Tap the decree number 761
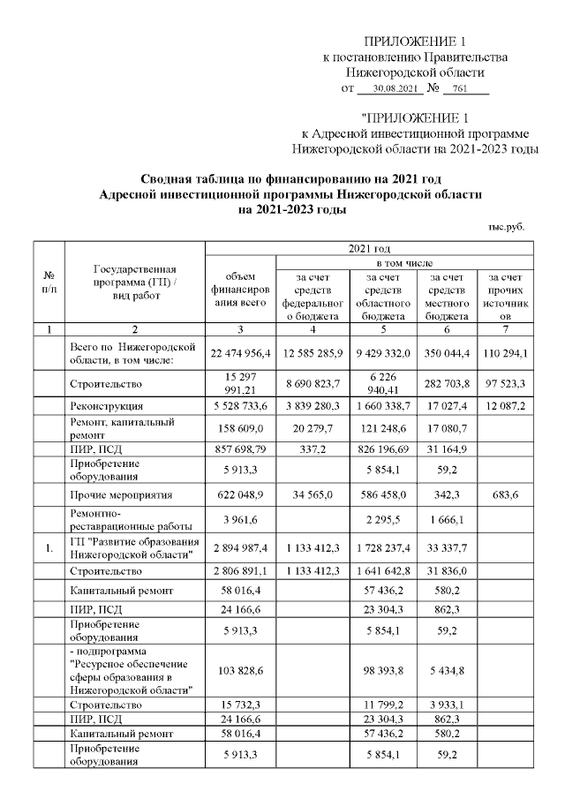tap(459, 89)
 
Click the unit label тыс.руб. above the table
tap(506, 226)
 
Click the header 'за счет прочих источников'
tap(506, 295)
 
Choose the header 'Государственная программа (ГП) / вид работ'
tap(135, 282)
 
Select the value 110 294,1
tap(506, 353)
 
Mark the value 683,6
tap(506, 495)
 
